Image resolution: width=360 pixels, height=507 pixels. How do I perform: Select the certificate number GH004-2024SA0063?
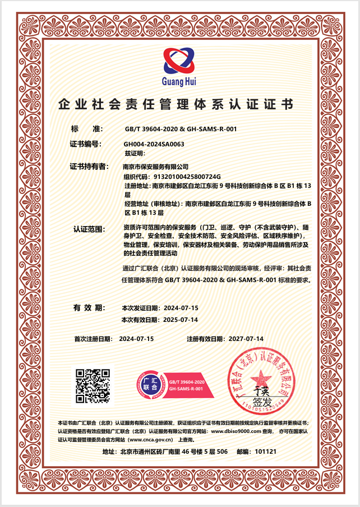click(x=154, y=144)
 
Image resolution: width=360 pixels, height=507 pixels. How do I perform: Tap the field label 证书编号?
click(x=85, y=144)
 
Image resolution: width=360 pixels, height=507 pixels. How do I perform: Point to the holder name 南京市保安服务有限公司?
click(x=155, y=167)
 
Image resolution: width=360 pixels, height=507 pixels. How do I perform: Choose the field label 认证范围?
click(x=90, y=229)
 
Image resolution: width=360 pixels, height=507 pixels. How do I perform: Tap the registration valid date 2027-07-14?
click(x=244, y=339)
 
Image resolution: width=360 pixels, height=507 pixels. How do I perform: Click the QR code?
click(x=93, y=386)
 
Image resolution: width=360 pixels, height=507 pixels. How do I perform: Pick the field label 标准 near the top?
click(x=85, y=129)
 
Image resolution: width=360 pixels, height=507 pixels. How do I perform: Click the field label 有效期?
click(x=89, y=308)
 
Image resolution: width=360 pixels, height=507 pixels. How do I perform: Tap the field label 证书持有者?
click(x=88, y=167)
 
